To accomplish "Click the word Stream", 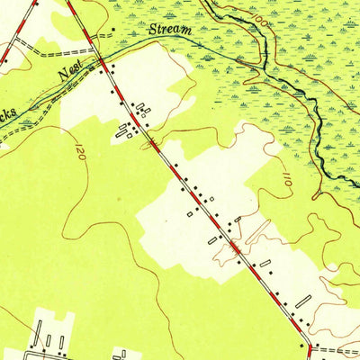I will [172, 31].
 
